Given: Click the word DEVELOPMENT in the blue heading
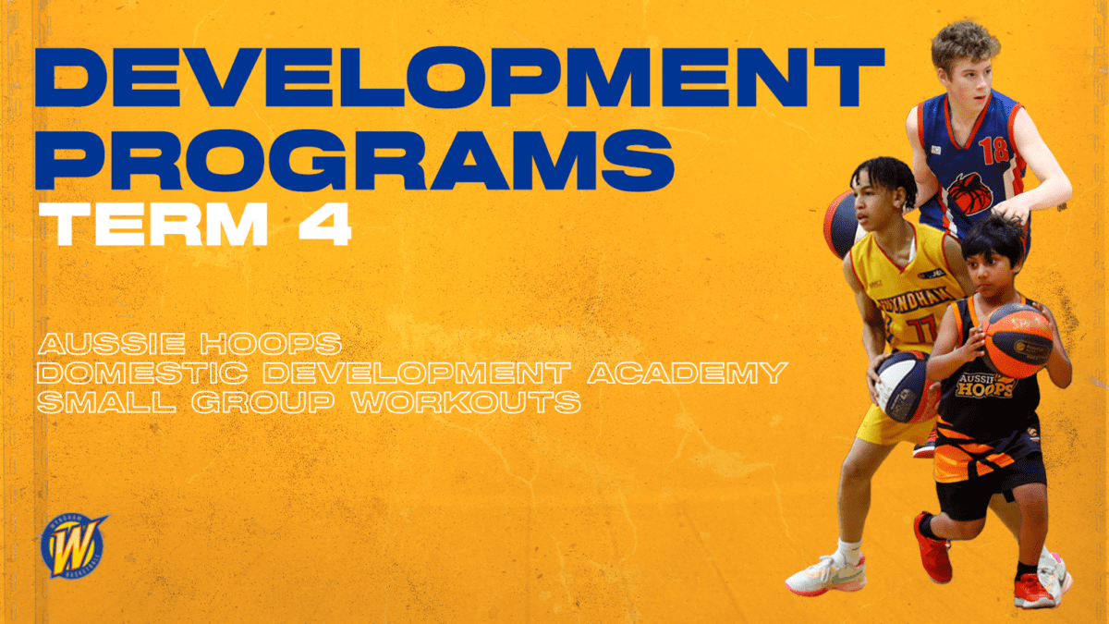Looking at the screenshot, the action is click(x=459, y=78).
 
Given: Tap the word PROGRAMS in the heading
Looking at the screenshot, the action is click(x=355, y=160).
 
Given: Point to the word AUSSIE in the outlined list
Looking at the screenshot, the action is click(x=112, y=344).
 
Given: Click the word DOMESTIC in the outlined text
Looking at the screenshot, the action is click(x=142, y=373).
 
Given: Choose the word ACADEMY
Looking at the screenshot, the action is click(x=688, y=373).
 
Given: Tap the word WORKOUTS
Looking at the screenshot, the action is click(x=467, y=402).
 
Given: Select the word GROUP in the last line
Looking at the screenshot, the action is click(x=262, y=402).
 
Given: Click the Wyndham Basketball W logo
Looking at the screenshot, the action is click(x=73, y=545).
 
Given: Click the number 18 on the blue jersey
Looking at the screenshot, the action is click(x=994, y=150).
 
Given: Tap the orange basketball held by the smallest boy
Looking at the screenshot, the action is click(x=1018, y=340).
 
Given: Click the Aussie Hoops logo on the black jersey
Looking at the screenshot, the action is click(x=986, y=385).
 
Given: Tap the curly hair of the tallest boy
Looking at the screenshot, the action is click(x=965, y=43).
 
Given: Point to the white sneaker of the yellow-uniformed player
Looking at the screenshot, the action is click(x=827, y=575).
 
